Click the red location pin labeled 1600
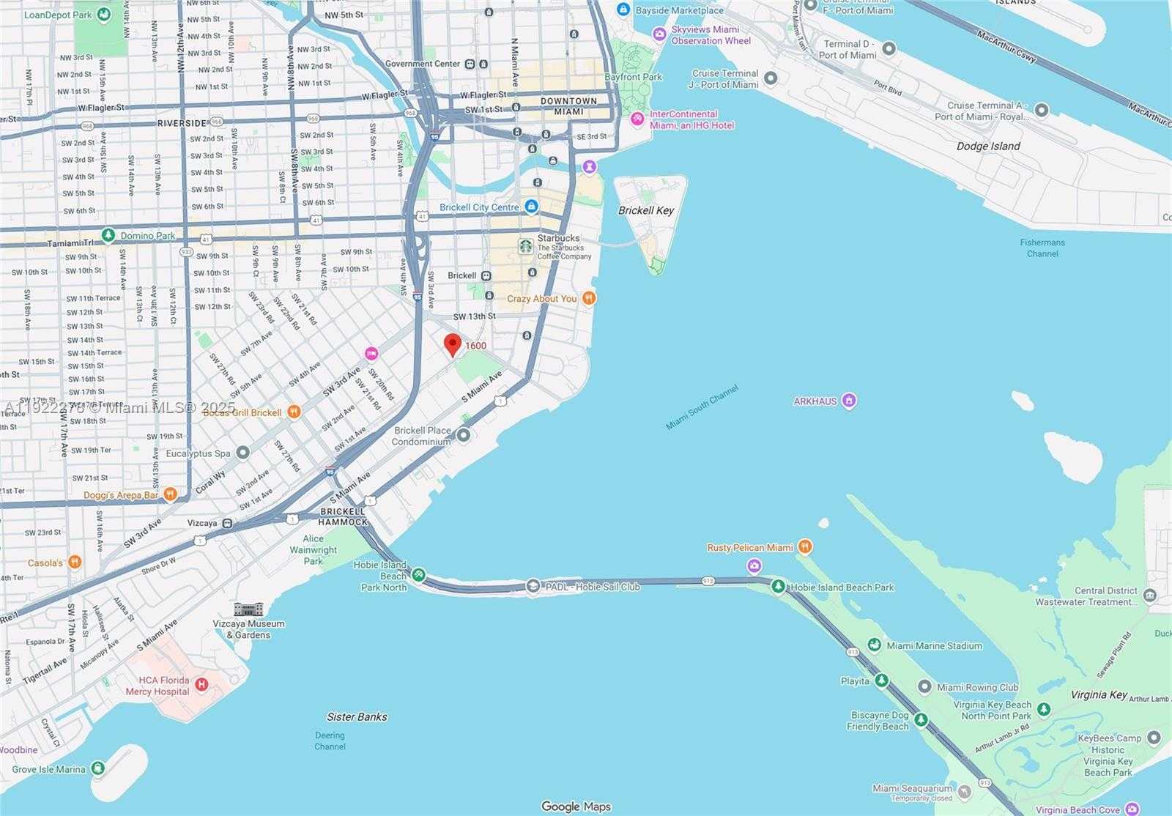[453, 344]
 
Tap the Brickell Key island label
[645, 210]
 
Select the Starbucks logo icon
[525, 246]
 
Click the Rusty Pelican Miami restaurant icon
[804, 546]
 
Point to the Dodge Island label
[988, 146]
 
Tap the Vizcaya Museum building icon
[248, 609]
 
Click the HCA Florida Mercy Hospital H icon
[201, 685]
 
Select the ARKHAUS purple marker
[849, 400]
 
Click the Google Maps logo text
[576, 806]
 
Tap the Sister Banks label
[357, 716]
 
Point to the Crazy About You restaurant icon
[588, 298]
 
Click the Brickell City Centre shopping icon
[531, 207]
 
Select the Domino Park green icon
[108, 235]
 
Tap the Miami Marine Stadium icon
[874, 645]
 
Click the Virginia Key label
[1098, 694]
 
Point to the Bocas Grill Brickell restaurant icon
[294, 412]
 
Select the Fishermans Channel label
[1042, 248]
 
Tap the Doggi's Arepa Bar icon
[170, 494]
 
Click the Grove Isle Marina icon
[98, 768]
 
